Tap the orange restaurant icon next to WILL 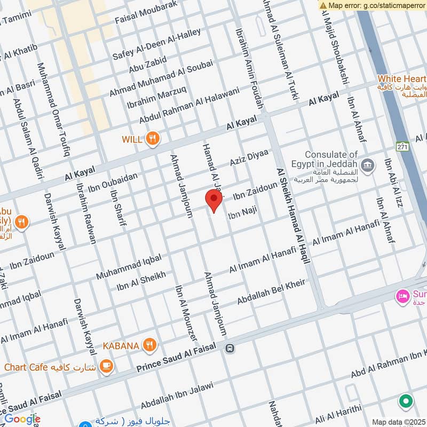(153, 139)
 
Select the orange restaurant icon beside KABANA (150, 346)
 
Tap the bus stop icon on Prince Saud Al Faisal (230, 349)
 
